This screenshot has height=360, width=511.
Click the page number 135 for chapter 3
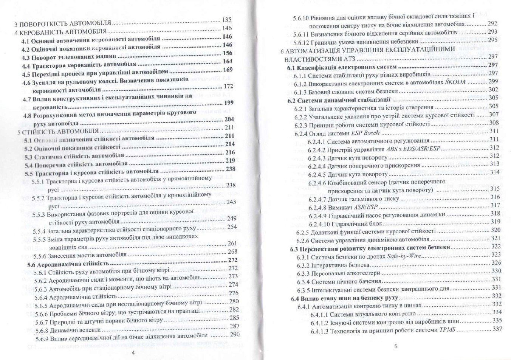point(227,20)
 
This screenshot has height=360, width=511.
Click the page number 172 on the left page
point(228,87)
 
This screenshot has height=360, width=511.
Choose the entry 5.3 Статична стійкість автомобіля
point(74,156)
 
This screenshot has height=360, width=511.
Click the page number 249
point(232,218)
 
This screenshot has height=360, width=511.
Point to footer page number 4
point(133,352)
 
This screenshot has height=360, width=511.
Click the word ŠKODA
point(456,82)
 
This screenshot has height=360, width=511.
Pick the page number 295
point(492,40)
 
